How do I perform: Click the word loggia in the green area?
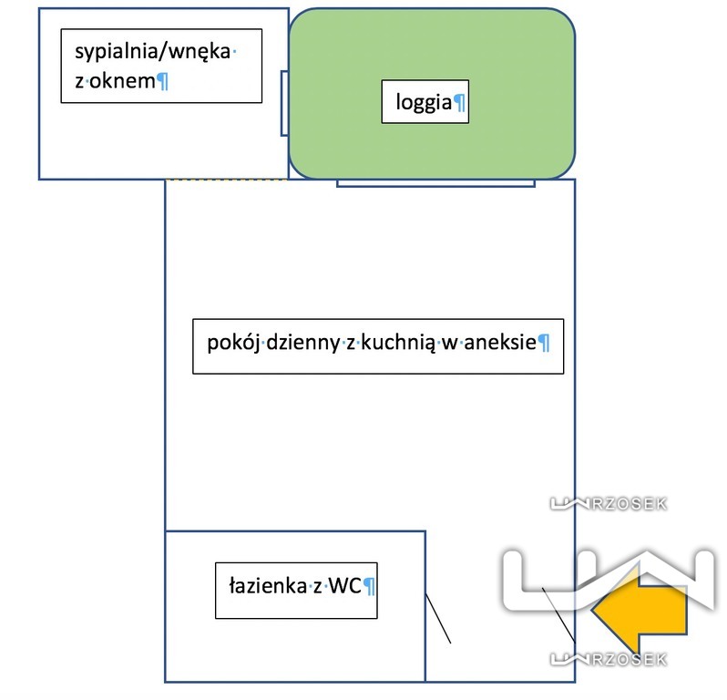(x=424, y=103)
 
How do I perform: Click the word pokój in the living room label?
(x=234, y=344)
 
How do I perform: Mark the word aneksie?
(x=500, y=344)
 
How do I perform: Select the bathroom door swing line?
(x=438, y=619)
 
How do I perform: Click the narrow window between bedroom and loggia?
(x=285, y=102)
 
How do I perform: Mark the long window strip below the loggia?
(x=435, y=182)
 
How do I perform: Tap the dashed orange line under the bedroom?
(x=226, y=180)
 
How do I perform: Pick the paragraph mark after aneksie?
(x=544, y=344)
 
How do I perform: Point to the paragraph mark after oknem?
(x=163, y=82)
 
